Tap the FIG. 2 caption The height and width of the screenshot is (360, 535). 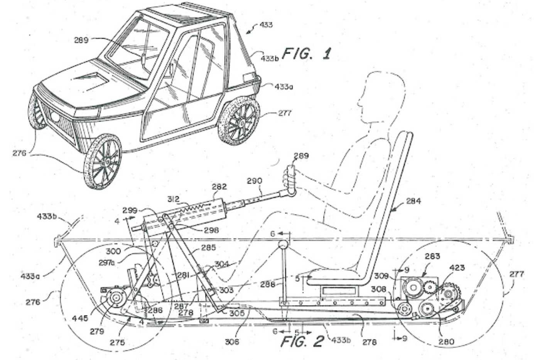point(302,341)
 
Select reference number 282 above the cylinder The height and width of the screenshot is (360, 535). point(219,187)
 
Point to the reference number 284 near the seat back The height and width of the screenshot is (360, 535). point(413,201)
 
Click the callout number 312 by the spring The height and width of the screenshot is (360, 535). point(174,199)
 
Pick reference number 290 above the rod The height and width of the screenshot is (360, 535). point(255,181)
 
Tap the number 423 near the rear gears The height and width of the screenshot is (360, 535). point(457,267)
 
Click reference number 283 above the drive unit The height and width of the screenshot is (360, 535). point(433,256)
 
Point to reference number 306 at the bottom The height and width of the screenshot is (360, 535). point(232,341)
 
